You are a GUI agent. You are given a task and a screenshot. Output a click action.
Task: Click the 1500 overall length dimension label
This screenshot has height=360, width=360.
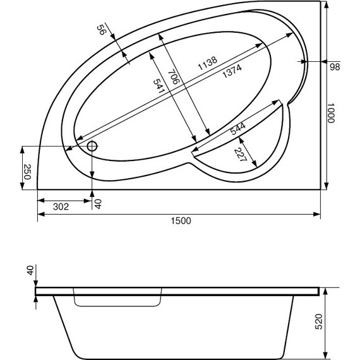(180, 220)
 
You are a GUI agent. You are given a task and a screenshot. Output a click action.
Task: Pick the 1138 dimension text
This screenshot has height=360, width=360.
(207, 63)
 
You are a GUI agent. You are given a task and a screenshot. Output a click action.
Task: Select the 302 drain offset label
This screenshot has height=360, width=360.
(60, 205)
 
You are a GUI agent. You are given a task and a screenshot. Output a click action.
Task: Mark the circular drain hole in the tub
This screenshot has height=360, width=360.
(92, 147)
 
